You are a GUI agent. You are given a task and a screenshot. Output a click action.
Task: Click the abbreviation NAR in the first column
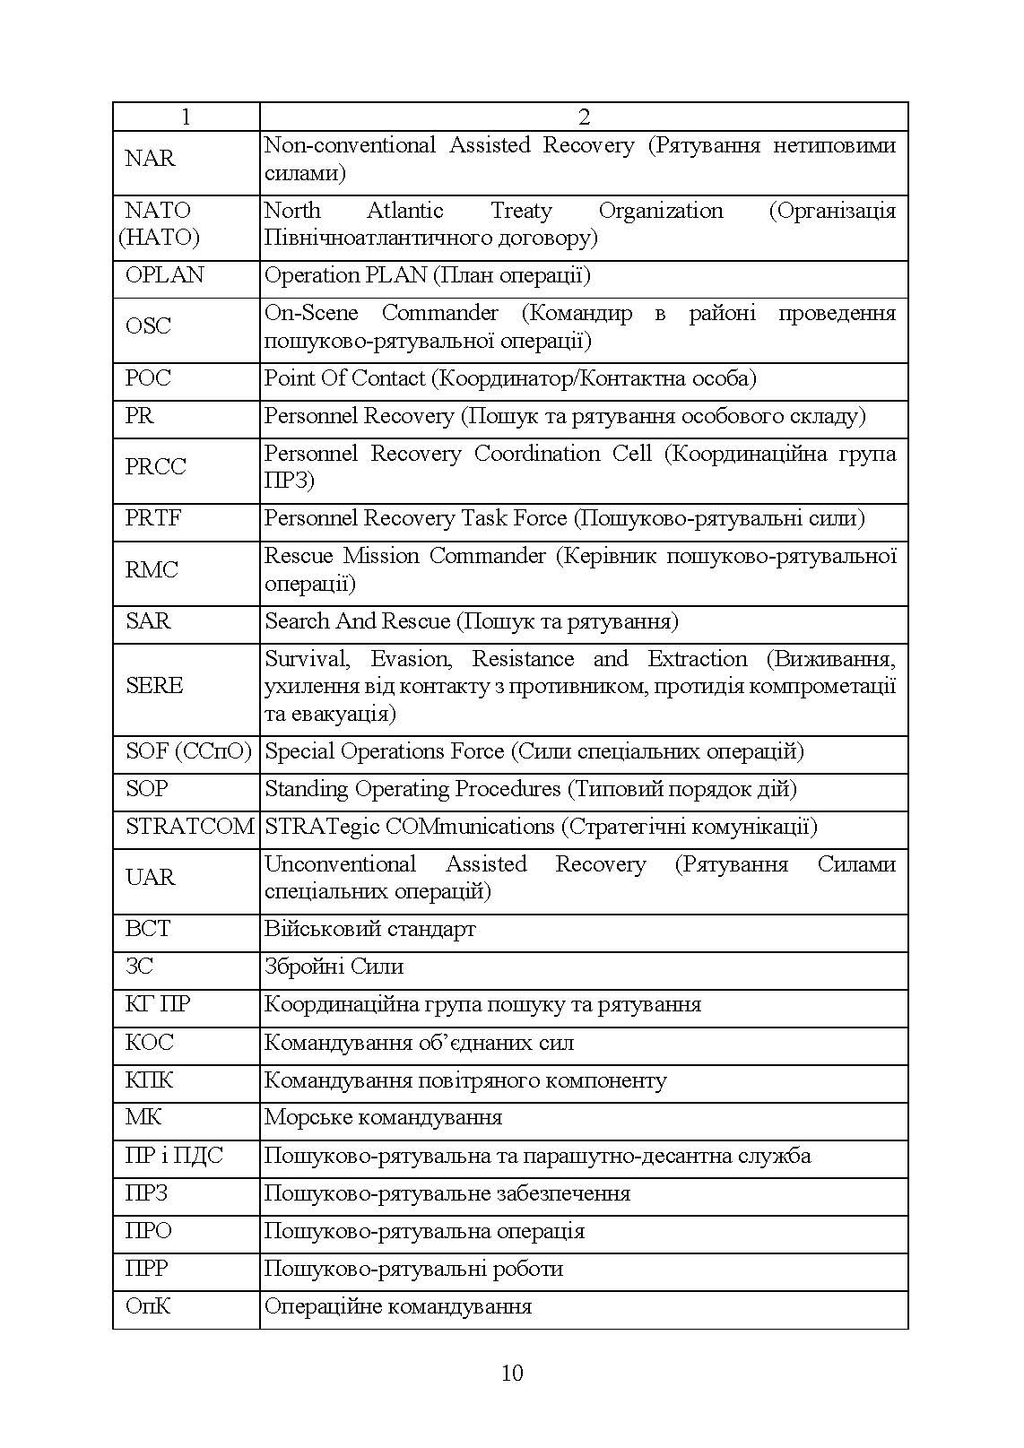click(150, 159)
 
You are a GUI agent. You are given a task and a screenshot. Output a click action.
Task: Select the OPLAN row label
click(165, 275)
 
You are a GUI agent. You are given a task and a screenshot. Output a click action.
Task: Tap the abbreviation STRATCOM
click(190, 827)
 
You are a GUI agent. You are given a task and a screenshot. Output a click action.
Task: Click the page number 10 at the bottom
click(512, 1373)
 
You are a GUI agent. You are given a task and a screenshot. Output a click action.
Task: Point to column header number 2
click(584, 117)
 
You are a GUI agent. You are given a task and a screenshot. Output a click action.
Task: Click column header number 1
click(186, 117)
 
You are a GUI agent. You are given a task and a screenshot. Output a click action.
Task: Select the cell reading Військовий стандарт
click(370, 930)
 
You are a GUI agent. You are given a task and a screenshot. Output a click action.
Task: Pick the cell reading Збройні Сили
click(334, 967)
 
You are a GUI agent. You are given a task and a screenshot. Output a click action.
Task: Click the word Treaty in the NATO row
click(521, 211)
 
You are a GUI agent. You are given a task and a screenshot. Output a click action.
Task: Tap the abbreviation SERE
click(154, 686)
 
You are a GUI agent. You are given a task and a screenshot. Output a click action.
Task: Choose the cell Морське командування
click(384, 1118)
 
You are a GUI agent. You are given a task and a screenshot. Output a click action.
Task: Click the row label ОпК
click(148, 1307)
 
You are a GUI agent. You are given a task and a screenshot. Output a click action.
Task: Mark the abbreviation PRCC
click(156, 467)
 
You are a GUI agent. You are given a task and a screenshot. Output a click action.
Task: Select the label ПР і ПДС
click(174, 1157)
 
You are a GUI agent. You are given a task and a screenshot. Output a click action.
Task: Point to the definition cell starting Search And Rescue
click(472, 621)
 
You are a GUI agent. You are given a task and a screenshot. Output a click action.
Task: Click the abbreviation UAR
click(150, 878)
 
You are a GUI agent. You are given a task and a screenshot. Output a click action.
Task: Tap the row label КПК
click(149, 1080)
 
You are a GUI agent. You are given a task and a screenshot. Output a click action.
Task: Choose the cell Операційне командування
click(398, 1307)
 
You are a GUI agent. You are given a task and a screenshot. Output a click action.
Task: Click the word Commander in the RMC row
click(487, 556)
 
